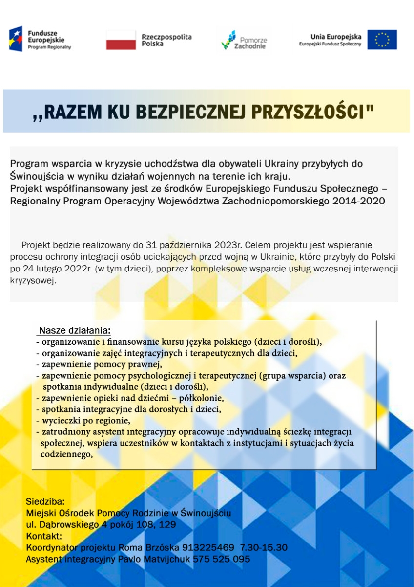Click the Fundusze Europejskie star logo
(x=16, y=39)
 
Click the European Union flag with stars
(x=382, y=40)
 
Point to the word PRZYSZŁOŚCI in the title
(x=312, y=112)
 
